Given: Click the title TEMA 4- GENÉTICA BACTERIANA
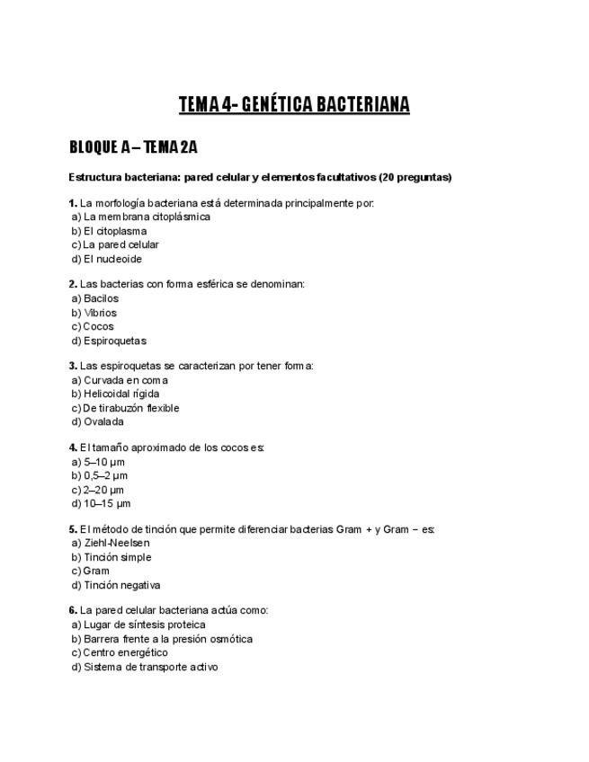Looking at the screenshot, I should [x=294, y=105].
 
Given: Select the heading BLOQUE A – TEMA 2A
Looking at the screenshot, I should [x=139, y=147].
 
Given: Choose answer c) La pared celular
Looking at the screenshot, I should [x=115, y=244].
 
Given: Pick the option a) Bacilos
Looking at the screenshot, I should [x=94, y=298].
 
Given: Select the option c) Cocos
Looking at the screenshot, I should [x=93, y=327].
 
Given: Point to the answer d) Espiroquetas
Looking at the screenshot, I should [x=108, y=341].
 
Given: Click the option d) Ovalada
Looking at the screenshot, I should [x=97, y=421].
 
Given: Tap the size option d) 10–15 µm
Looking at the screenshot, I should [x=101, y=504].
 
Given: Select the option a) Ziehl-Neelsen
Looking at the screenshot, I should [x=111, y=543].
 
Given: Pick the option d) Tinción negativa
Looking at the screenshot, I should [x=116, y=586].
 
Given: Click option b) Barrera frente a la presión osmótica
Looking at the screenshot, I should [x=162, y=639].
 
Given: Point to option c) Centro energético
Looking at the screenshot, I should [x=120, y=653].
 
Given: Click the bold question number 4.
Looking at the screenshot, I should [x=73, y=447].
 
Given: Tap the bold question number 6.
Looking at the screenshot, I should [x=73, y=611].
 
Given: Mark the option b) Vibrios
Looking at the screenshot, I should [x=94, y=313].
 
